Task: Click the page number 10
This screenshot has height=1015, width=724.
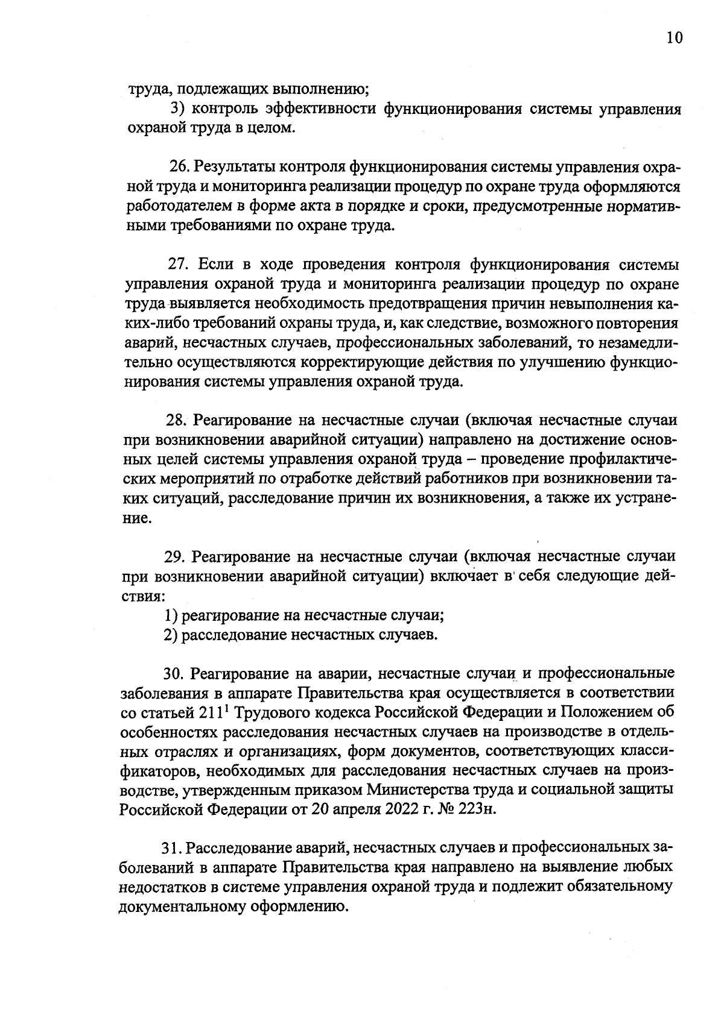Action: (675, 38)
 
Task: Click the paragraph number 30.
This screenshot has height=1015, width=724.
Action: (175, 673)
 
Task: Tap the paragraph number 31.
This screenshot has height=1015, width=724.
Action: (172, 848)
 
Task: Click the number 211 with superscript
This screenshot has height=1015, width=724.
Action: (211, 712)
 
